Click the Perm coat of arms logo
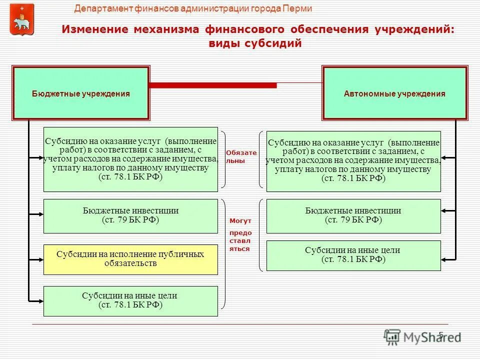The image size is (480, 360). tap(22, 19)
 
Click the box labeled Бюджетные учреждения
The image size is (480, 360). tap(81, 93)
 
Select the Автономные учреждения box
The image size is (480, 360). tap(394, 93)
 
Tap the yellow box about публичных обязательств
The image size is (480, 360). tap(130, 259)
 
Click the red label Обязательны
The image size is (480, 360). tap(241, 156)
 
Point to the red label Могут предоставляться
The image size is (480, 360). tap(240, 234)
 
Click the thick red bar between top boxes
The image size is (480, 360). tap(213, 85)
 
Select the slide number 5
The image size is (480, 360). tap(440, 334)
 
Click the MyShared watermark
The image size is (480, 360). tap(422, 336)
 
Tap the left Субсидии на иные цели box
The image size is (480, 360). tap(130, 300)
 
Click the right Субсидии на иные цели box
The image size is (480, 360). tap(353, 255)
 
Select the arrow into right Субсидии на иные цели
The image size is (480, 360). tap(448, 258)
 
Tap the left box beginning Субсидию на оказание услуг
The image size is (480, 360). tap(130, 159)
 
